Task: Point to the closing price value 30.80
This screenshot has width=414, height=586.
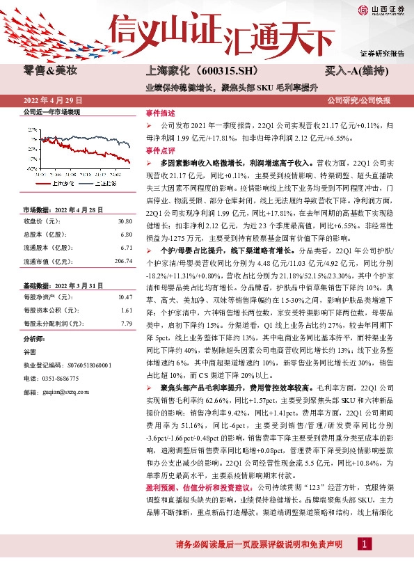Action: [125, 221]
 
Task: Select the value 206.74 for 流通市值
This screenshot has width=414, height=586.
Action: [122, 261]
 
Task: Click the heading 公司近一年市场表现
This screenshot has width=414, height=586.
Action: [52, 111]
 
